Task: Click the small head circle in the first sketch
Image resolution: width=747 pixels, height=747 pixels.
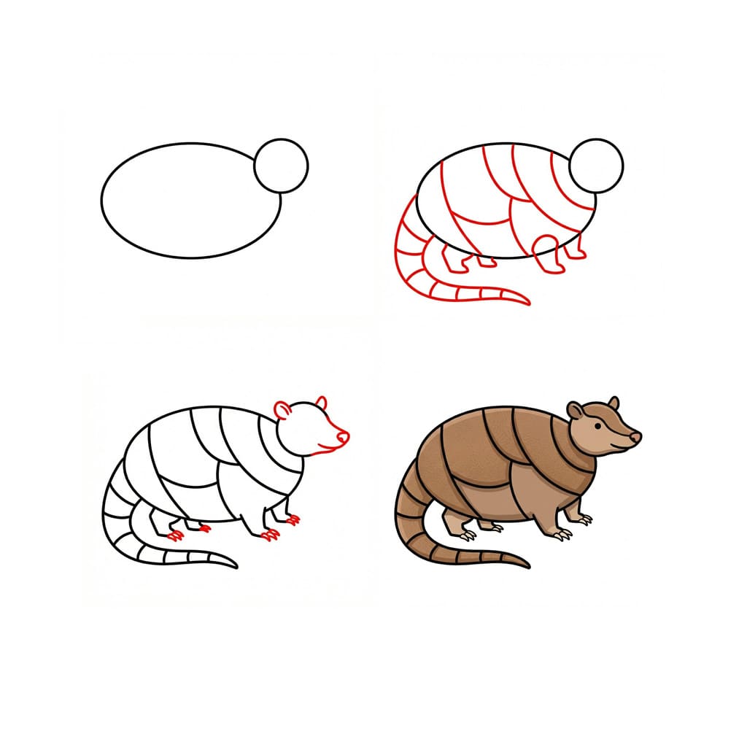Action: (281, 166)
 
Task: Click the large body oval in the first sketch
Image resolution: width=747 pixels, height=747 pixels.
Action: (190, 200)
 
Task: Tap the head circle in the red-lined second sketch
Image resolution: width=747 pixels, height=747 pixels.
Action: (596, 166)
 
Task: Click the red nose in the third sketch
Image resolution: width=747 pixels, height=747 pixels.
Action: (342, 437)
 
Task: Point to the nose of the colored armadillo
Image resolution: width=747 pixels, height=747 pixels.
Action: (635, 437)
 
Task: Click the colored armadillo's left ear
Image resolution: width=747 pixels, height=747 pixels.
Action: (575, 411)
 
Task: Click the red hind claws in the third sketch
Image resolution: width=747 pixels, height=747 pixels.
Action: (175, 536)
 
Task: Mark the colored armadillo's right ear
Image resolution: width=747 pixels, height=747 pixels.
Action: (614, 403)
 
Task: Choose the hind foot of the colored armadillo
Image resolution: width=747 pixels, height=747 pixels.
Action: (467, 535)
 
